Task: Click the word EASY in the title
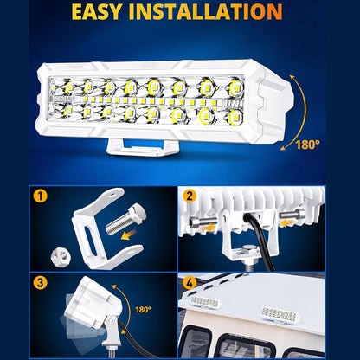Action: [x=97, y=11]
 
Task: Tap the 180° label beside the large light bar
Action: [x=308, y=145]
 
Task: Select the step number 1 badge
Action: [x=40, y=196]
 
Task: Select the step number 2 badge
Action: [x=190, y=196]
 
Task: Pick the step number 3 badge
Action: [x=40, y=282]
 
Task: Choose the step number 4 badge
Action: [x=190, y=283]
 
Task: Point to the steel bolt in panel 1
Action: [x=125, y=219]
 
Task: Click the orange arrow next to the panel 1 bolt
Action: [x=129, y=235]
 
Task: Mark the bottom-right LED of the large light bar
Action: [x=235, y=116]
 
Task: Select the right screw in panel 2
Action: [x=292, y=215]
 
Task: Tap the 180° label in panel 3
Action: [x=144, y=310]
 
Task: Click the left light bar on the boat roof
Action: [x=205, y=302]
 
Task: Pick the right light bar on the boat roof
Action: [x=279, y=314]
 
